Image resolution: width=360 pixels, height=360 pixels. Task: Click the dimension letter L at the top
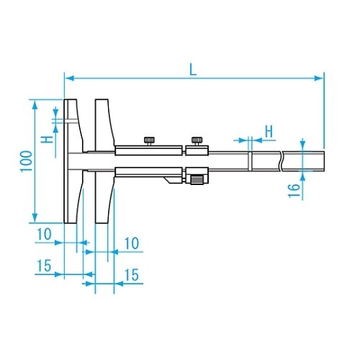193,70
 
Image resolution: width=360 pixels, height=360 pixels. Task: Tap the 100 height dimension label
26,161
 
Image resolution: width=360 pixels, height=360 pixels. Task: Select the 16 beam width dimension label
294,191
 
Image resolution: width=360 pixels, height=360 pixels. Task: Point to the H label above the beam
269,131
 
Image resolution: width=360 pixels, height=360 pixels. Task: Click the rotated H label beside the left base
47,140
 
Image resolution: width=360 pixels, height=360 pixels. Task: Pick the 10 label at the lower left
44,234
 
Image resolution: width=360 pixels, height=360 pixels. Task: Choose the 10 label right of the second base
132,243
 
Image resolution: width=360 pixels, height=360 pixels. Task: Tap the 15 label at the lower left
45,266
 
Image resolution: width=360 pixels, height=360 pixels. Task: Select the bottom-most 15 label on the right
132,275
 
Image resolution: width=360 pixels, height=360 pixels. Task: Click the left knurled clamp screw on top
149,141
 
